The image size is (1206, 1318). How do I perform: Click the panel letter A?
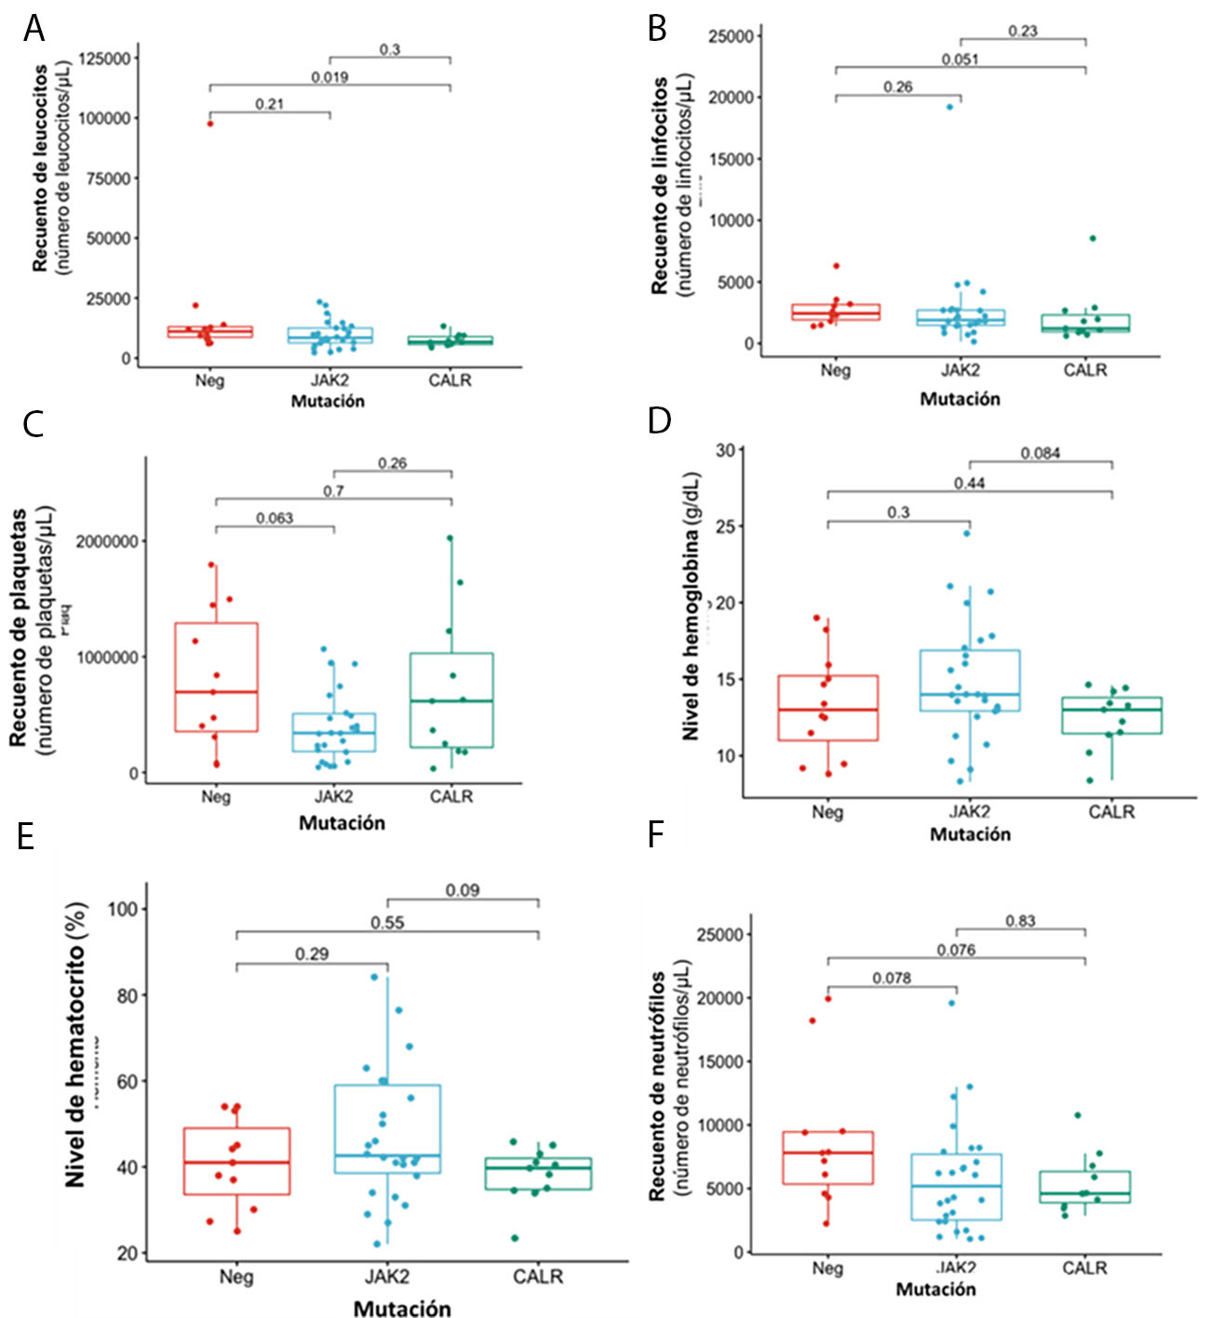tap(34, 29)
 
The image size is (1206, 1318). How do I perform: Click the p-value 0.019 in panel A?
tap(329, 77)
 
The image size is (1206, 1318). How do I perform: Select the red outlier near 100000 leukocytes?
tap(210, 123)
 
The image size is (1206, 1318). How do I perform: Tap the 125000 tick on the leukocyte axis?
tap(104, 58)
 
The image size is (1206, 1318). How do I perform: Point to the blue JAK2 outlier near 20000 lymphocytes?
tap(950, 107)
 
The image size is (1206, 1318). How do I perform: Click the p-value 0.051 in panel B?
tap(959, 60)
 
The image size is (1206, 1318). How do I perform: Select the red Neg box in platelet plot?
tap(216, 677)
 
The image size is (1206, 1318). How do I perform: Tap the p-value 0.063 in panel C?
tap(275, 518)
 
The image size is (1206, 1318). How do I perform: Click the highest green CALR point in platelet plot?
tap(449, 538)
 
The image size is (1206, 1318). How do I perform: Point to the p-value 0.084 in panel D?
tap(1040, 453)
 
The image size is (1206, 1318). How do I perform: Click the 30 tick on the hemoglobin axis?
tap(725, 450)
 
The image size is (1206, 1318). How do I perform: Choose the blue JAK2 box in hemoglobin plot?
tap(970, 680)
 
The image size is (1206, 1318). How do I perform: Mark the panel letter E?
tap(26, 836)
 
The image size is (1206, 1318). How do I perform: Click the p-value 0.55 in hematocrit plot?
tap(387, 923)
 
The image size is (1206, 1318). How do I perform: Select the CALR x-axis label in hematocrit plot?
tap(538, 1277)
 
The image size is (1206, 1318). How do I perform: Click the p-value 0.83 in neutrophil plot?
tap(1020, 921)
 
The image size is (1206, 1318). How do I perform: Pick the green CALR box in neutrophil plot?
tap(1085, 1187)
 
